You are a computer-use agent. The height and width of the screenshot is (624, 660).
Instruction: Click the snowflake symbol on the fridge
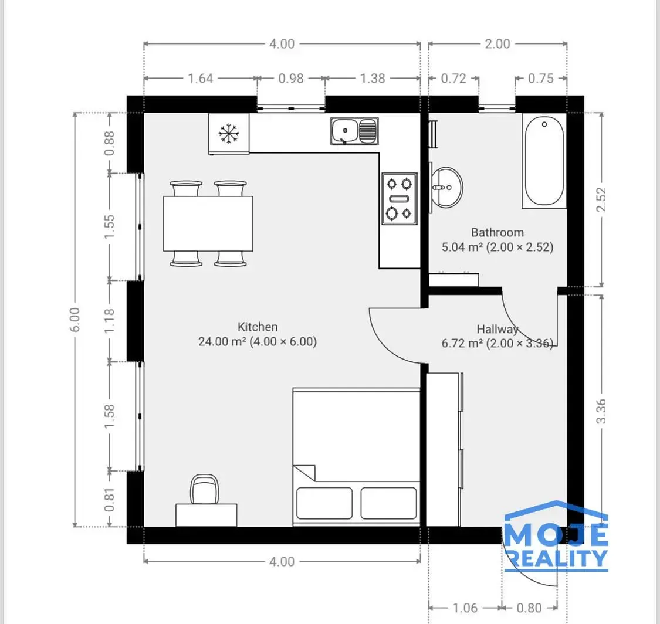coord(229,134)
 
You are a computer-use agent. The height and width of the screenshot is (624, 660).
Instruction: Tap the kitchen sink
coord(354,131)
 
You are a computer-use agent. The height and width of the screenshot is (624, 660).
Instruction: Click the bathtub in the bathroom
coord(544,161)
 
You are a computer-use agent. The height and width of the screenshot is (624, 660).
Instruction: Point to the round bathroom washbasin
coord(447,187)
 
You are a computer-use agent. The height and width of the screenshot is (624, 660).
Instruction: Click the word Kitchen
coord(258,327)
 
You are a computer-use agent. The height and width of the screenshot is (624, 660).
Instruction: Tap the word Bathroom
coord(497,232)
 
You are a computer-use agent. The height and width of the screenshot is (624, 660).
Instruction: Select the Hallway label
coord(497,329)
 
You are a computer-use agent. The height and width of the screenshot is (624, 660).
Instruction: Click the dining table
coord(208,223)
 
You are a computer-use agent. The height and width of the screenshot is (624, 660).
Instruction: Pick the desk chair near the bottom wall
coord(205,489)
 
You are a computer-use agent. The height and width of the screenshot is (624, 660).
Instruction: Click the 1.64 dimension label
coord(201,79)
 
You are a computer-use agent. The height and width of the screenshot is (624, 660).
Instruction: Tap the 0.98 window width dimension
coord(291,79)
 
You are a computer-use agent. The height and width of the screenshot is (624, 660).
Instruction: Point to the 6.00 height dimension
coord(75,320)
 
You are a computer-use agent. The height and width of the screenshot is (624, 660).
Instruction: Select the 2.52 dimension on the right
coord(601,199)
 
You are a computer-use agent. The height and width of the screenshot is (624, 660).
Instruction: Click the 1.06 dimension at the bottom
coord(465,608)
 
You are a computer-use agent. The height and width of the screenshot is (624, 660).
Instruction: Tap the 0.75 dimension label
coord(541,79)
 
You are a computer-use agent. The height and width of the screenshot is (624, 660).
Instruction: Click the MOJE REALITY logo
coord(556,535)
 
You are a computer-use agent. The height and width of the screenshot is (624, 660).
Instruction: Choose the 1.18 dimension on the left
coord(109,321)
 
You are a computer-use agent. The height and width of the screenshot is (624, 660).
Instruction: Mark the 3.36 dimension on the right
coord(601,411)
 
